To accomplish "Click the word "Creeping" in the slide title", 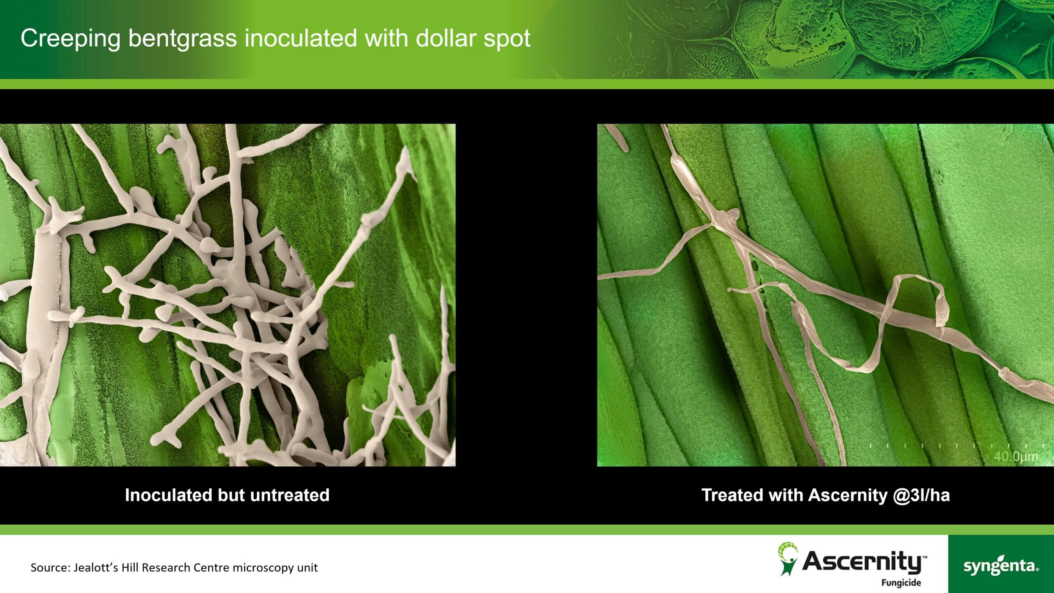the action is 70,39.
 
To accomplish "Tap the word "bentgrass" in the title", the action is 183,39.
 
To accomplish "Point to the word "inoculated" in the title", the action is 301,38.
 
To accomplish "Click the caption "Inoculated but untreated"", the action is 227,495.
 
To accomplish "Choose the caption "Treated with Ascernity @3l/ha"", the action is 825,495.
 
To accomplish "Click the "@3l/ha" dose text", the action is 921,495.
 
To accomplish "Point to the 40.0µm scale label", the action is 1016,457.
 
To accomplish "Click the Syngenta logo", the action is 1001,566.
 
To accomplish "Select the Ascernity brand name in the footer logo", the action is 864,562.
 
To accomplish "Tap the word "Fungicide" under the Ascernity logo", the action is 901,583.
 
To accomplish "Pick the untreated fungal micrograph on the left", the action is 228,295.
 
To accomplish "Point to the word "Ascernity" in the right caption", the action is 848,495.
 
